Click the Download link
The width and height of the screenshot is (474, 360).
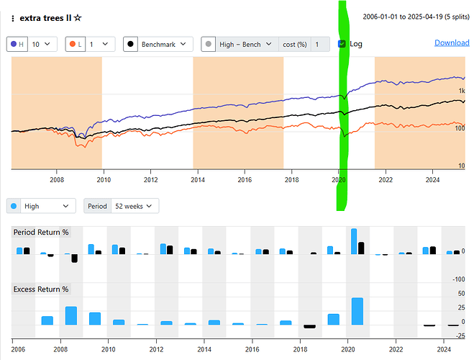(452, 43)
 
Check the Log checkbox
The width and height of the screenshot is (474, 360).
(342, 44)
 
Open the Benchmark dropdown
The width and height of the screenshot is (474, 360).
(158, 44)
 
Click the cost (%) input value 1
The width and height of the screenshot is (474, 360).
(317, 44)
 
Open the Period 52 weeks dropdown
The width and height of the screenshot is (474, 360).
(122, 206)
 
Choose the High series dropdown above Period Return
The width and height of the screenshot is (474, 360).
(41, 206)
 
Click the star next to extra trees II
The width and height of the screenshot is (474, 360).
(78, 17)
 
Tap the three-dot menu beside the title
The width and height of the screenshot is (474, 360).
(13, 17)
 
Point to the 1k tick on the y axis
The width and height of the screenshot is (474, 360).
(460, 90)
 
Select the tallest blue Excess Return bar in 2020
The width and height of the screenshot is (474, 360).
(357, 311)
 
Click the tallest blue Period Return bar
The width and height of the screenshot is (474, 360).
(354, 241)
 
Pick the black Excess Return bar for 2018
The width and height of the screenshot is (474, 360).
(309, 326)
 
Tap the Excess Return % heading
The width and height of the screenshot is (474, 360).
(41, 289)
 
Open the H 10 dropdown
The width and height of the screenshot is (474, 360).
(32, 44)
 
